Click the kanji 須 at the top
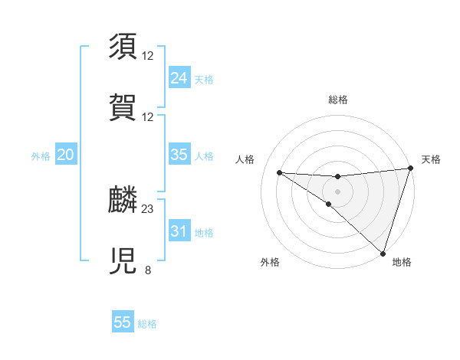click(123, 46)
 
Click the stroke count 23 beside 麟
click(148, 208)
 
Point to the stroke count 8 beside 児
click(148, 270)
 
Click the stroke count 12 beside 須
click(148, 55)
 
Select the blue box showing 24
click(179, 78)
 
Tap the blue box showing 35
click(179, 155)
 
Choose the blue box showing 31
click(179, 231)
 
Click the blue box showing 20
click(65, 155)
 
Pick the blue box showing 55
click(123, 322)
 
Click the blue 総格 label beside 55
click(148, 324)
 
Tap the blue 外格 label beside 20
click(41, 156)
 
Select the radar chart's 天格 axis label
click(431, 159)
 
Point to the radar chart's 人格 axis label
click(245, 159)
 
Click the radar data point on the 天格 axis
click(410, 169)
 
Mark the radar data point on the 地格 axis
click(383, 254)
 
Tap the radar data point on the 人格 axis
click(279, 172)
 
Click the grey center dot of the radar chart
click(337, 191)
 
